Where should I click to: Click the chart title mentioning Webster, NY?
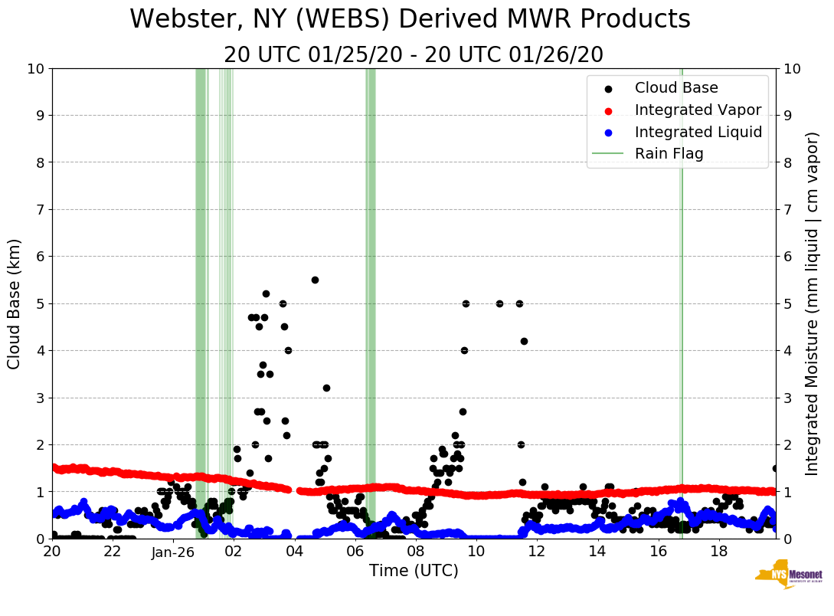[x=410, y=20]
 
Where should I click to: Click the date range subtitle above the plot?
[x=414, y=55]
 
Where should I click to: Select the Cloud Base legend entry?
[x=676, y=88]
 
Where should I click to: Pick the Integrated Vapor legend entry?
[x=698, y=110]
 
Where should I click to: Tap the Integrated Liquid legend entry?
[x=698, y=132]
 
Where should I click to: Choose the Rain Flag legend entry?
[x=669, y=153]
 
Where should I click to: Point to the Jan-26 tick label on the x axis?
[x=173, y=552]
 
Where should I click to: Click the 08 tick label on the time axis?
[x=416, y=552]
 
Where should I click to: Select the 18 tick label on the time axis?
[x=718, y=552]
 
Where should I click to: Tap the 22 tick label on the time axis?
[x=113, y=552]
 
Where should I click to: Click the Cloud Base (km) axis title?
[x=15, y=303]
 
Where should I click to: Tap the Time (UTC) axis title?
[x=414, y=571]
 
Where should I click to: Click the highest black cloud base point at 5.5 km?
[x=315, y=280]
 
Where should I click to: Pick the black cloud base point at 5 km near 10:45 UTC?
[x=499, y=303]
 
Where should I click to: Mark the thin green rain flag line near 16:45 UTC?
[x=681, y=306]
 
